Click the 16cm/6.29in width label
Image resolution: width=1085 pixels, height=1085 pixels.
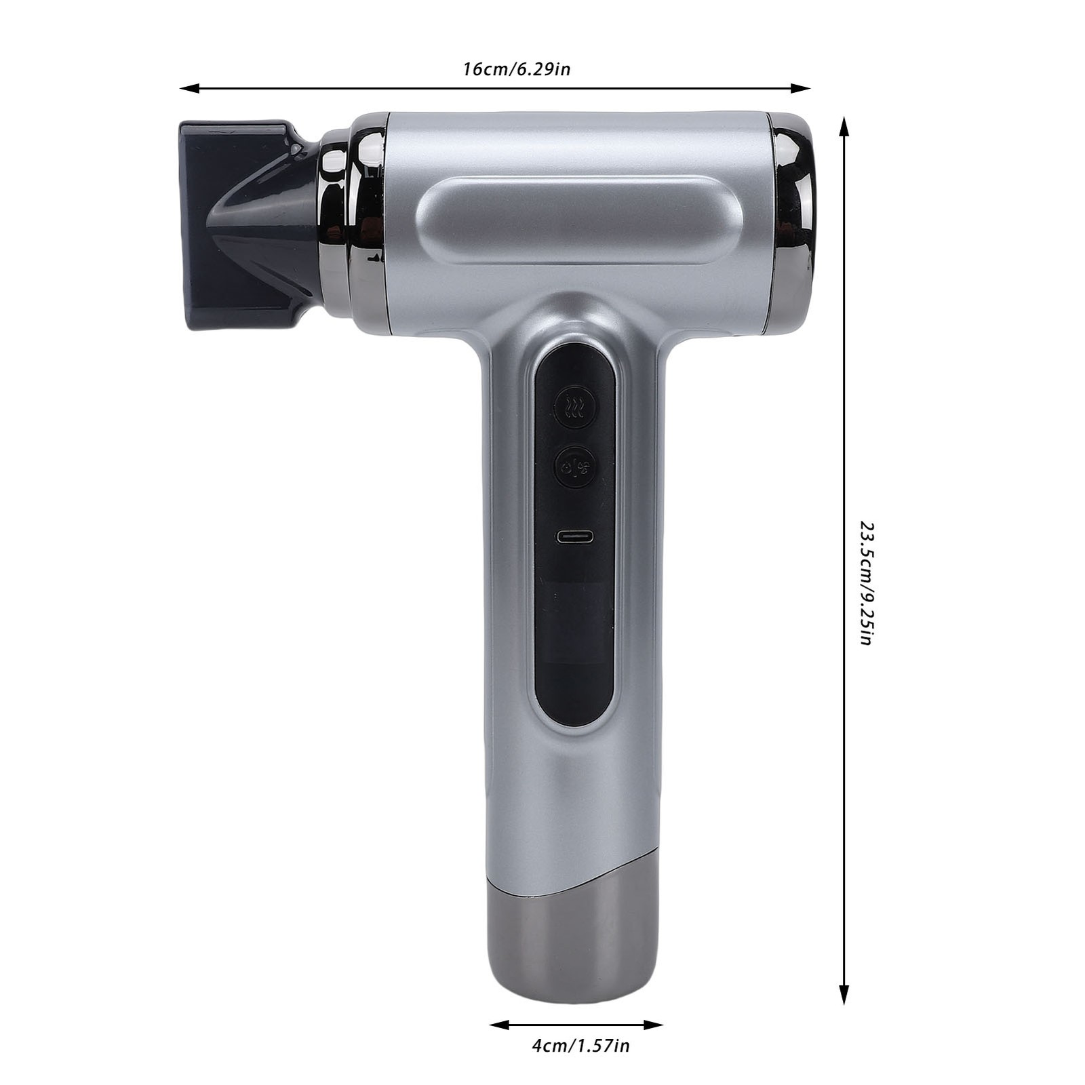(517, 69)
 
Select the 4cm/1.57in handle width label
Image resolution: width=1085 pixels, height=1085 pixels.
(580, 1046)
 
